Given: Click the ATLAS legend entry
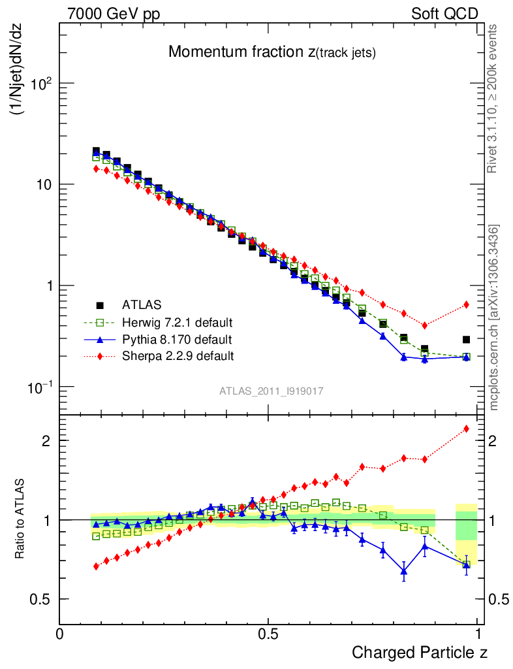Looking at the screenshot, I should [142, 304].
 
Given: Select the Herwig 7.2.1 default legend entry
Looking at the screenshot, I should [178, 322].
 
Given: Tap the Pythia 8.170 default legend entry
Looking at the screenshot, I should [177, 339].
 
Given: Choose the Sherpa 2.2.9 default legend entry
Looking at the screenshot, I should [178, 356].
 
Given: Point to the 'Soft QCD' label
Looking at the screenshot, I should [444, 14].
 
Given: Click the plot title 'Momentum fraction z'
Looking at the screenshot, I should [272, 53].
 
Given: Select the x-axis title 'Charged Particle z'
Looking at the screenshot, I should [419, 652].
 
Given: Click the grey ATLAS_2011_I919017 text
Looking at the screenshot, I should [272, 391].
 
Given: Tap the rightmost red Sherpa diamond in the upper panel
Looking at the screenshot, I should [466, 304].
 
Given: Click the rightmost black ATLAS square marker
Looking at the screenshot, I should [466, 340].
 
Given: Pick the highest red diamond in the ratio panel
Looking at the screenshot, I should [466, 429].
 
